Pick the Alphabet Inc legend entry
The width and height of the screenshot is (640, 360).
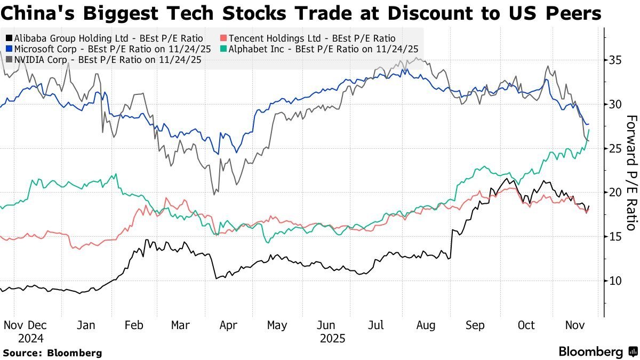coord(321,49)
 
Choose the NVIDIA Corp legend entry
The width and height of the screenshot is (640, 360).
coord(103,60)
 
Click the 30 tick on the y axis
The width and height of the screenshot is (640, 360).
coord(615,104)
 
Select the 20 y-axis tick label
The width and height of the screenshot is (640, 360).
coord(615,192)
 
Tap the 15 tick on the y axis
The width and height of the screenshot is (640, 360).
coord(615,236)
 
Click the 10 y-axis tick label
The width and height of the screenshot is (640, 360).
coord(615,281)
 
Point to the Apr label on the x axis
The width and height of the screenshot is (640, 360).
coord(228,325)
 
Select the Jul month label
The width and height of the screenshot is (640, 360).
coord(378,325)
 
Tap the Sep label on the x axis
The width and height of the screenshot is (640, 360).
coord(475,325)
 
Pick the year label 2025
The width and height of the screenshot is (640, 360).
coord(333,338)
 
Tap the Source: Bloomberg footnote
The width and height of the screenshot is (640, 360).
coord(52,353)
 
